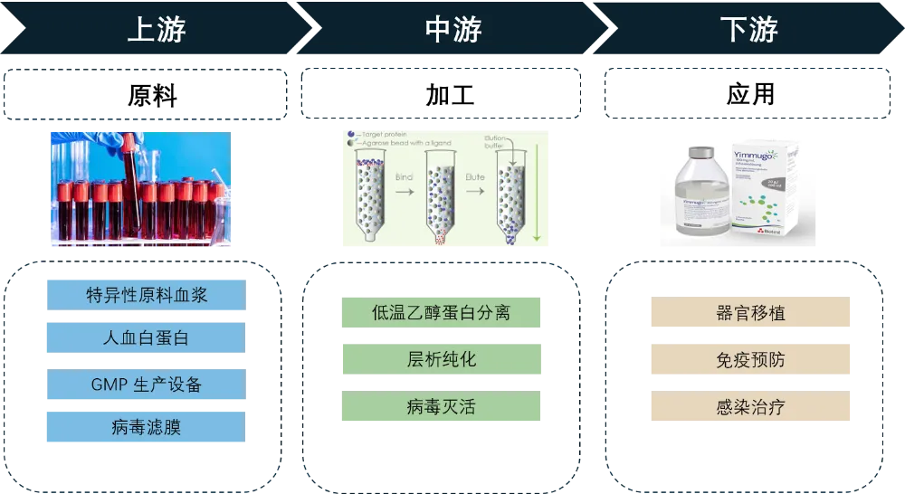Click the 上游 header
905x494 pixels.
click(x=157, y=29)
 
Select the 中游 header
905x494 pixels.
click(x=452, y=29)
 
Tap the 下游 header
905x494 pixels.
click(x=748, y=29)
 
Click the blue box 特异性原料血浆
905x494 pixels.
click(x=145, y=295)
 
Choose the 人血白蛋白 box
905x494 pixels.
click(x=145, y=338)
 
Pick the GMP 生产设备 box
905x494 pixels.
click(x=145, y=384)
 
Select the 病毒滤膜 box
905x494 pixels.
click(x=145, y=427)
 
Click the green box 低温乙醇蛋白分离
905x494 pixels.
click(x=441, y=313)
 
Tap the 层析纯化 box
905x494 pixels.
click(x=441, y=359)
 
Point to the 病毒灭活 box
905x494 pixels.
click(x=441, y=407)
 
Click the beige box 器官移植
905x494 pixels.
click(x=749, y=313)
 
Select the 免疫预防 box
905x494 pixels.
click(x=749, y=360)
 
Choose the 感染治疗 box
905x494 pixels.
click(x=749, y=408)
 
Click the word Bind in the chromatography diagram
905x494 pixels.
click(x=404, y=178)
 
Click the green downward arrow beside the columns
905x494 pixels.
click(x=536, y=199)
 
